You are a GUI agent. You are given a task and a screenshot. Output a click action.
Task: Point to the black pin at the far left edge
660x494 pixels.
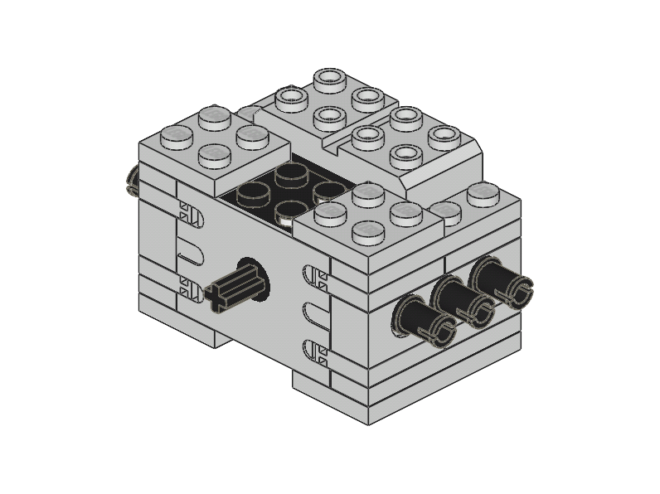click(132, 180)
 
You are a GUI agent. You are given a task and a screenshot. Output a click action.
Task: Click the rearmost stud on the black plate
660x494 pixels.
click(291, 174)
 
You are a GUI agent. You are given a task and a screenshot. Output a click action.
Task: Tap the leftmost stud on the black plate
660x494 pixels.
click(253, 195)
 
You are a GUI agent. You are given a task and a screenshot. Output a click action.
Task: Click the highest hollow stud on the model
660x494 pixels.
click(329, 80)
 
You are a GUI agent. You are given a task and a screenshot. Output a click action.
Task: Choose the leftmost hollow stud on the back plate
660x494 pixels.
click(291, 99)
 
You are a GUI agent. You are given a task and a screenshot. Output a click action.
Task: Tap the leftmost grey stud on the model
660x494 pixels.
click(177, 136)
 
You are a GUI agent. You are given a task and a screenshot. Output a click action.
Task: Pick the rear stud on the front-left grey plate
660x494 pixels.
click(215, 117)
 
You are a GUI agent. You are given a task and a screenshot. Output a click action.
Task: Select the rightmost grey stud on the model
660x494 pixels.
click(482, 195)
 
